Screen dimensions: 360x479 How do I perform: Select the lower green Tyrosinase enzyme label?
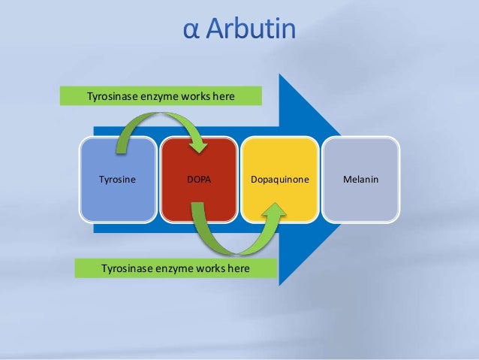(175, 267)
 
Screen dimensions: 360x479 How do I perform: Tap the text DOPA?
(199, 180)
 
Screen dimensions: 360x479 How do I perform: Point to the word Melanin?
(360, 180)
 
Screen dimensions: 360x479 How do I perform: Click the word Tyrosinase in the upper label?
(114, 95)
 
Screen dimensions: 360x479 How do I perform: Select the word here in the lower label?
(234, 267)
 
